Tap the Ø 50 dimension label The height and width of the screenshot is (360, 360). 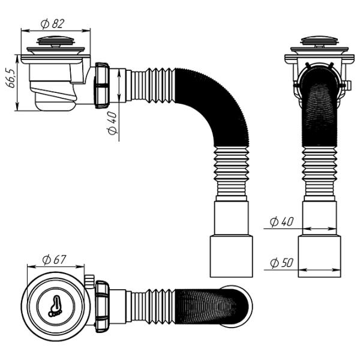coord(281,263)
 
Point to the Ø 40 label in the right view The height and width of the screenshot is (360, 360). coord(281,222)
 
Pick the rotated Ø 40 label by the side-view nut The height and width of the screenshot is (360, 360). coord(113,122)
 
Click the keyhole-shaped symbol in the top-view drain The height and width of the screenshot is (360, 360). coord(56,305)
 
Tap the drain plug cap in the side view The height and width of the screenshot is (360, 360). coord(55,42)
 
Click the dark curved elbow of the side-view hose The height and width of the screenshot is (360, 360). coord(222,114)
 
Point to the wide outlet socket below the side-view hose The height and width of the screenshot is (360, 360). coord(231,256)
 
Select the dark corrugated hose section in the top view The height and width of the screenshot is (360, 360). coord(204,304)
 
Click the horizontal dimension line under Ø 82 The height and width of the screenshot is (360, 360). coord(56,30)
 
